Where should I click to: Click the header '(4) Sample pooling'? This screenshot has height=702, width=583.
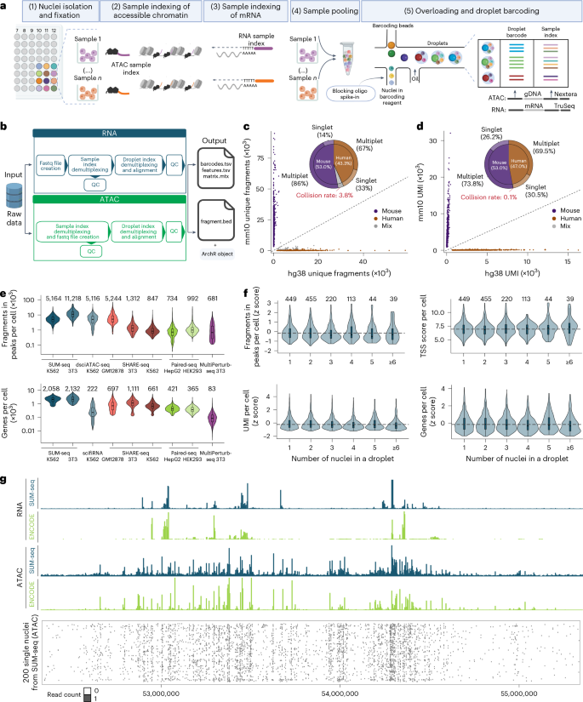[313, 12]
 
